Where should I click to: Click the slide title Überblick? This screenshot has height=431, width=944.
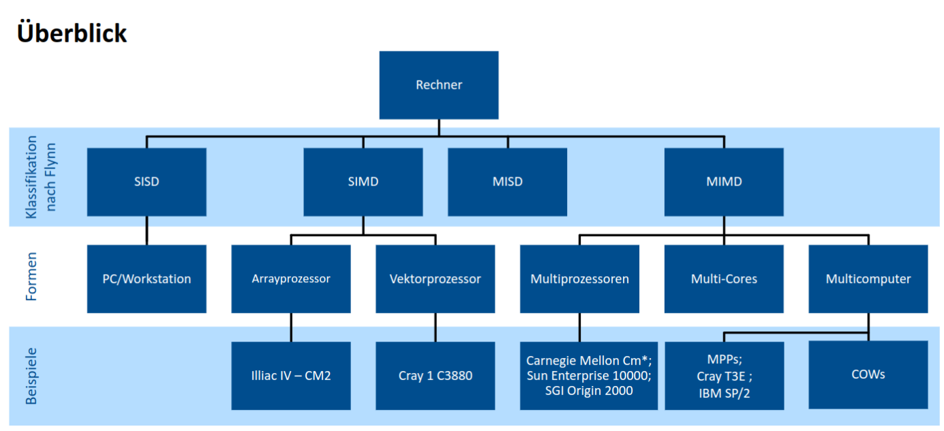[x=72, y=33]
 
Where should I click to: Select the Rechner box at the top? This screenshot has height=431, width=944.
[x=439, y=85]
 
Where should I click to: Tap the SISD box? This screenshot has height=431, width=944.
[x=147, y=182]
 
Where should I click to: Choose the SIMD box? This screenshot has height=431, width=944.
[x=363, y=182]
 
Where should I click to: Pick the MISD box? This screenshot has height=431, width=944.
[x=507, y=182]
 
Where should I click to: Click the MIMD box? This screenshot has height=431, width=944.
[x=724, y=182]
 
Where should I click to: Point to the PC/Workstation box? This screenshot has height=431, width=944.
[x=147, y=279]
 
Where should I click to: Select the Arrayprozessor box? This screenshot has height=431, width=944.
[x=291, y=279]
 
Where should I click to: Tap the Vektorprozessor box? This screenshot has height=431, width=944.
[x=435, y=279]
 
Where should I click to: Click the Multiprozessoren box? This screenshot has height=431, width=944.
[x=579, y=279]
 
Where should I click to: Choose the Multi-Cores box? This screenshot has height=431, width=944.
[x=724, y=279]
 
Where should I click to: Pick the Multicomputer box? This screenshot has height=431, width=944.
[x=868, y=279]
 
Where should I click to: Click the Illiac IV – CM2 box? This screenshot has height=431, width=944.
[x=291, y=376]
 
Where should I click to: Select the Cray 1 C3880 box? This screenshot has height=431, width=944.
[x=435, y=376]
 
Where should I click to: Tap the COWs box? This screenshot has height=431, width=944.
[x=868, y=374]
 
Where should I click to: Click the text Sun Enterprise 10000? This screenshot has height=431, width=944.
[x=589, y=376]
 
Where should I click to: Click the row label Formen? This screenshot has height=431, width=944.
[x=31, y=277]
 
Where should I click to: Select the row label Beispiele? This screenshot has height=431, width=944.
[x=31, y=376]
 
